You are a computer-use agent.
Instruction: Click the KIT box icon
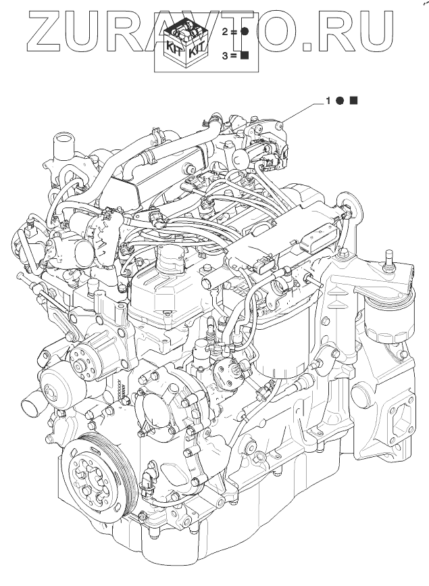point(186,44)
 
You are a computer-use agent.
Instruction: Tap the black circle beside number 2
point(244,32)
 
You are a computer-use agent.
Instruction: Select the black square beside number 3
point(245,55)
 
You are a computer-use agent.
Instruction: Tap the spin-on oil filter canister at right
point(389,316)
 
